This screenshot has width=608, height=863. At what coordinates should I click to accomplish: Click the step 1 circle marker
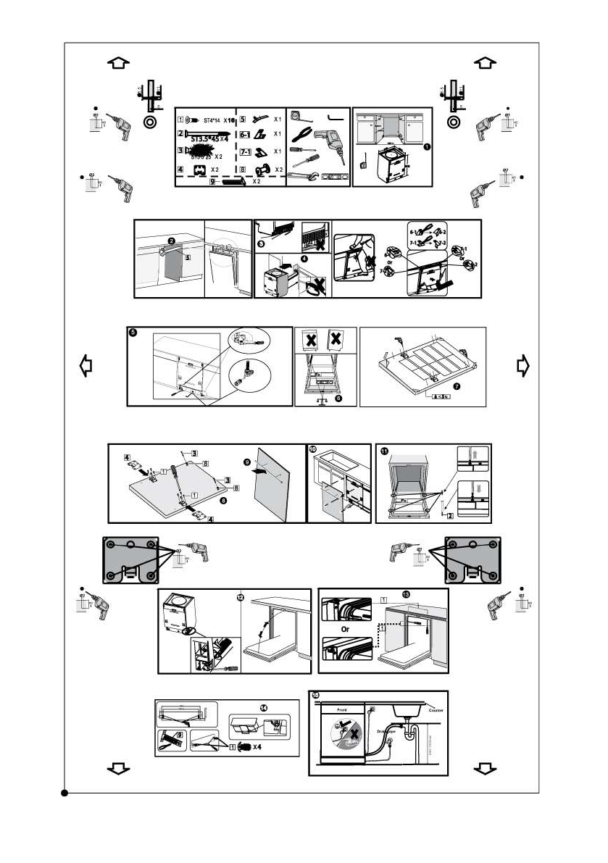[427, 146]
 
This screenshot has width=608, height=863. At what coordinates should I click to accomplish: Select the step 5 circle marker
[133, 333]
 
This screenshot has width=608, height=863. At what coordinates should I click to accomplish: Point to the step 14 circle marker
[264, 706]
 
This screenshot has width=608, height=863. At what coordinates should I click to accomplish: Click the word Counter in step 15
[436, 710]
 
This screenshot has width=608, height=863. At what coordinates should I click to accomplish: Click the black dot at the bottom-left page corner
[64, 793]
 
